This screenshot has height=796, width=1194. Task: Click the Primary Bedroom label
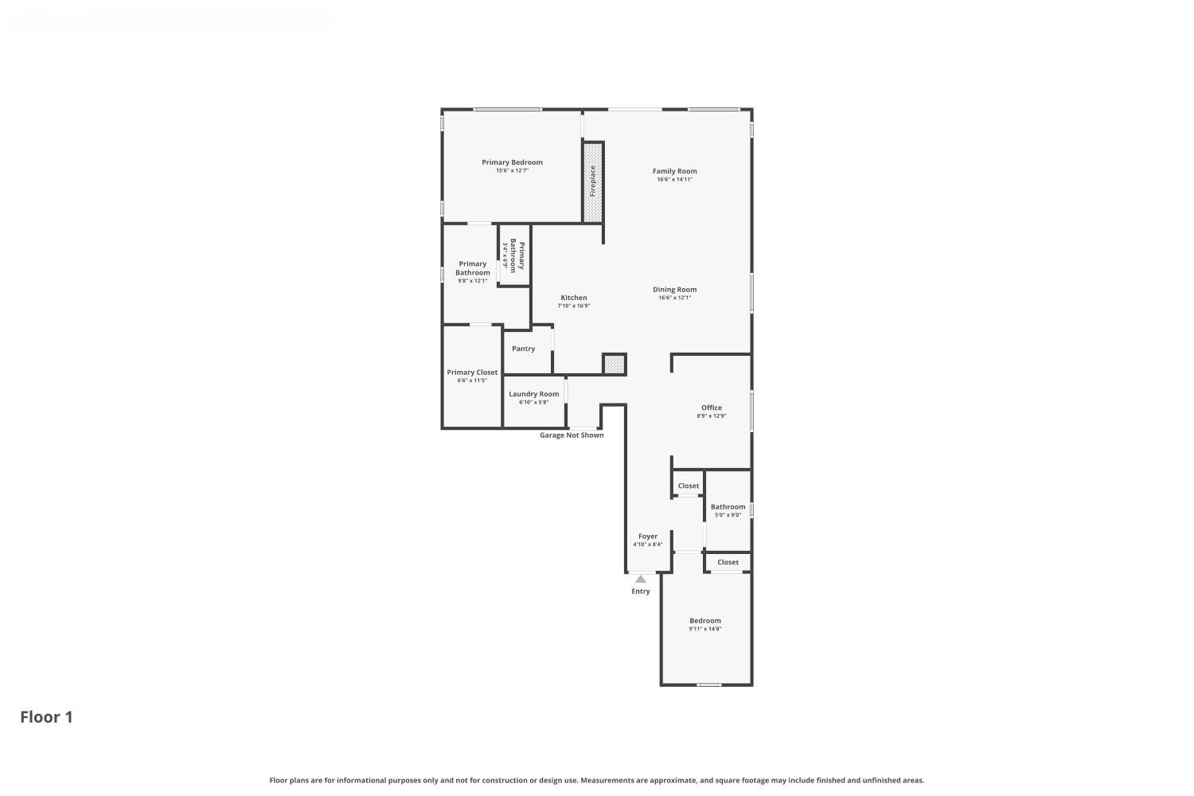pyautogui.click(x=512, y=162)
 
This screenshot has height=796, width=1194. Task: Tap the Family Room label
pyautogui.click(x=674, y=171)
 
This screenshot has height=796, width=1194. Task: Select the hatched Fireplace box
pyautogui.click(x=593, y=181)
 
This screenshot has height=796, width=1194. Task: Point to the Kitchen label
pyautogui.click(x=574, y=298)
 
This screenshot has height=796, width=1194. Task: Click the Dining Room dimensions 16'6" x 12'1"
pyautogui.click(x=674, y=298)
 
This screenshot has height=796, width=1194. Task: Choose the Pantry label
pyautogui.click(x=523, y=348)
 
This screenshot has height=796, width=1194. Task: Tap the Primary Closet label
pyautogui.click(x=472, y=373)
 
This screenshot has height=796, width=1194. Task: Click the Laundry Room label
pyautogui.click(x=533, y=394)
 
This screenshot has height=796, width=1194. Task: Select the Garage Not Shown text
pyautogui.click(x=572, y=435)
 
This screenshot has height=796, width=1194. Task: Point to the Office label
pyautogui.click(x=711, y=408)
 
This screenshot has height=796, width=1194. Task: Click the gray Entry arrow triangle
pyautogui.click(x=640, y=579)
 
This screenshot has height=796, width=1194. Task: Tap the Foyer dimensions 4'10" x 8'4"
pyautogui.click(x=648, y=544)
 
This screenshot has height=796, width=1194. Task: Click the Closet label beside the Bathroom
pyautogui.click(x=689, y=486)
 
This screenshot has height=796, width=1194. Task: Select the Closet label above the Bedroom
pyautogui.click(x=728, y=562)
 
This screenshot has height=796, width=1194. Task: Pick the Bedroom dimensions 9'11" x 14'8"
pyautogui.click(x=704, y=629)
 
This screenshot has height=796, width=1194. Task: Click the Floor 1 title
pyautogui.click(x=46, y=717)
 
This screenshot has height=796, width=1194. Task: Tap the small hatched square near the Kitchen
pyautogui.click(x=614, y=364)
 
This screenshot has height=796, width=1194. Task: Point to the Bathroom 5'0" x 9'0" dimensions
pyautogui.click(x=728, y=515)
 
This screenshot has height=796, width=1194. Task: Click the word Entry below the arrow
pyautogui.click(x=640, y=591)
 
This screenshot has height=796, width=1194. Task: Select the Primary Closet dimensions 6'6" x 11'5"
pyautogui.click(x=472, y=380)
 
